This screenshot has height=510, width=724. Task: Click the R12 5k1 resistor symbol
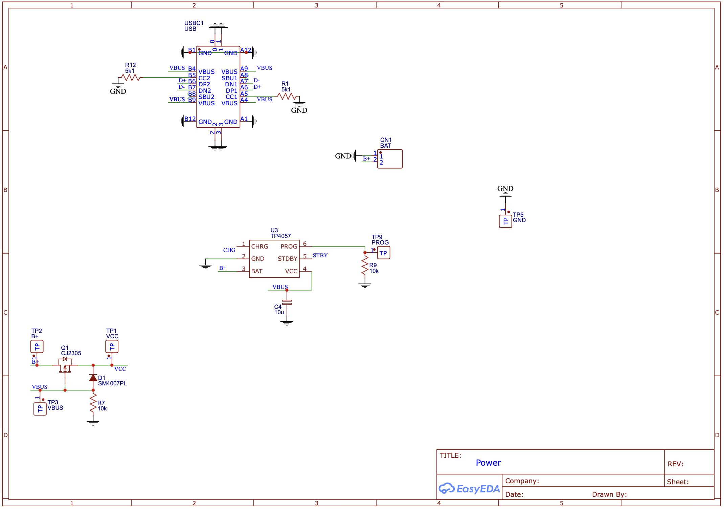pyautogui.click(x=131, y=78)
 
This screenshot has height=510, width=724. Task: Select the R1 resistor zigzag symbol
pyautogui.click(x=287, y=96)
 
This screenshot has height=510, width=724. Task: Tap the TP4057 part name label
pyautogui.click(x=280, y=236)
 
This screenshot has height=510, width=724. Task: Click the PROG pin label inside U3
pyautogui.click(x=289, y=247)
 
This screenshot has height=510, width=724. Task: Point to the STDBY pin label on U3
pyautogui.click(x=287, y=259)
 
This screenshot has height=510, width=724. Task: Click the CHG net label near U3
pyautogui.click(x=229, y=250)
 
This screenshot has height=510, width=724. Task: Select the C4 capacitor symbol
pyautogui.click(x=287, y=302)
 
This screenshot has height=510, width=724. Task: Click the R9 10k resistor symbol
pyautogui.click(x=365, y=265)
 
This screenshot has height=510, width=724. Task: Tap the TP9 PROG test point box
pyautogui.click(x=383, y=253)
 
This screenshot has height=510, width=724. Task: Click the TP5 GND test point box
pyautogui.click(x=505, y=221)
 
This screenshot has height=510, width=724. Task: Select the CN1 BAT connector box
pyautogui.click(x=390, y=159)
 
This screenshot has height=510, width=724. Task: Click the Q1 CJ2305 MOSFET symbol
pyautogui.click(x=65, y=365)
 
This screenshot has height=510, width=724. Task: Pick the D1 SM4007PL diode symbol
pyautogui.click(x=93, y=378)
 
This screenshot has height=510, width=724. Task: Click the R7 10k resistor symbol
pyautogui.click(x=93, y=403)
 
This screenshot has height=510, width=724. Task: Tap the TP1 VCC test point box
pyautogui.click(x=112, y=346)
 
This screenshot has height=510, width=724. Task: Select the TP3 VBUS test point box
pyautogui.click(x=40, y=409)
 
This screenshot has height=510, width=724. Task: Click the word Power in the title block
pyautogui.click(x=488, y=463)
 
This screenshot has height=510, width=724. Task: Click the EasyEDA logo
pyautogui.click(x=469, y=489)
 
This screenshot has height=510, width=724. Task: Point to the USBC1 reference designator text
pyautogui.click(x=194, y=23)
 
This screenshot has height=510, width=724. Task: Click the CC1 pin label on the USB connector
pyautogui.click(x=231, y=97)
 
